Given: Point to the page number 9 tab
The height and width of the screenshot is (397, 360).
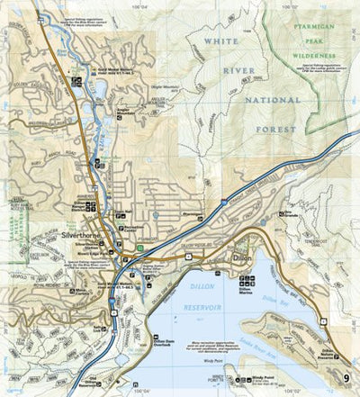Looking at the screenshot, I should pyautogui.click(x=347, y=376).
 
